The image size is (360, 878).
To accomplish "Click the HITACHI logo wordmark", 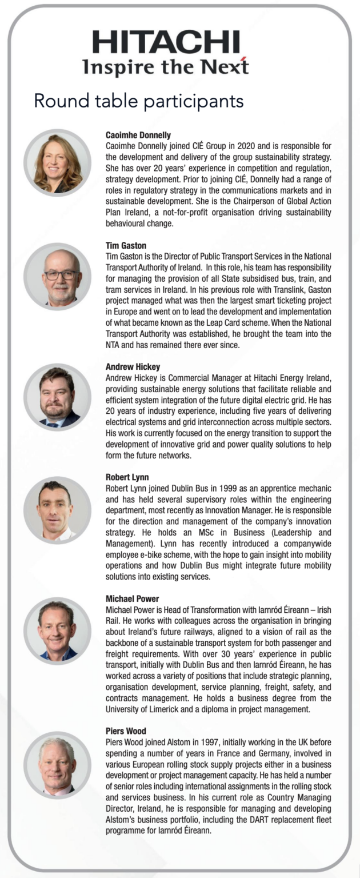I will point(166,43).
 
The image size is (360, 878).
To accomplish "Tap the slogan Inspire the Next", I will point(166,67).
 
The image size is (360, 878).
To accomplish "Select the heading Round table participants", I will point(139,101).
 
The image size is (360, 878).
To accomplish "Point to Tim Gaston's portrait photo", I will point(57,277).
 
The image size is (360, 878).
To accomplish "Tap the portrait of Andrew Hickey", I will point(57,397).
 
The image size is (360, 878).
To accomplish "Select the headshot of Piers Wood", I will point(57,765).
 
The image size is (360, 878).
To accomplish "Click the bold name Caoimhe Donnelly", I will point(138,135).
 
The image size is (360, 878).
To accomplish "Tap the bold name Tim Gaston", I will point(126,246).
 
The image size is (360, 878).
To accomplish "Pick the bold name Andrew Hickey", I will point(133,367).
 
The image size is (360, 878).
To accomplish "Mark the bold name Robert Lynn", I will point(127,477).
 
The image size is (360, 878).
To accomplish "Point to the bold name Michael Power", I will point(132,598).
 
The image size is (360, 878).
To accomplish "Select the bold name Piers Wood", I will point(126,731).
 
